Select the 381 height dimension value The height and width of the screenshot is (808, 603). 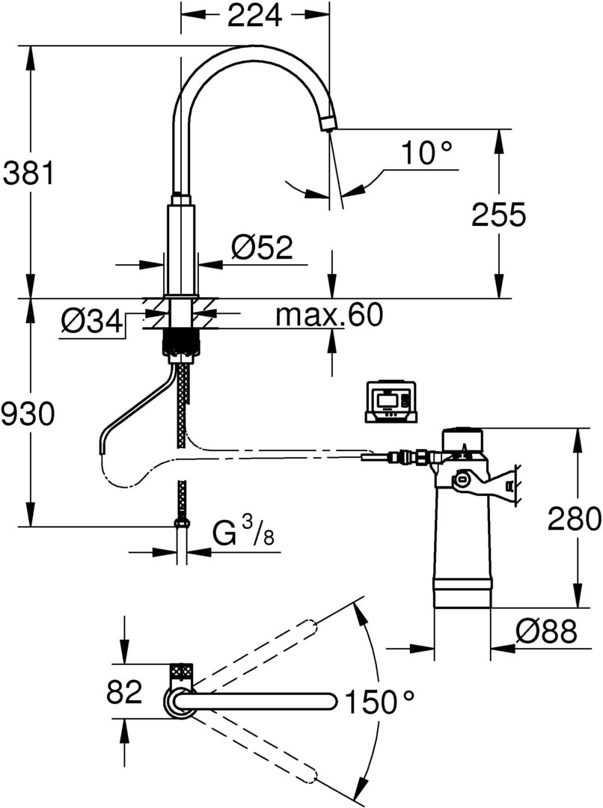pyautogui.click(x=28, y=174)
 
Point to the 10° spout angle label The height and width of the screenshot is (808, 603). pyautogui.click(x=426, y=153)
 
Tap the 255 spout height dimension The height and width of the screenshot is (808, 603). pyautogui.click(x=499, y=215)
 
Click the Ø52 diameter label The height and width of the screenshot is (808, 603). pyautogui.click(x=261, y=248)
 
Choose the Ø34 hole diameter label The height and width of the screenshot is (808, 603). pyautogui.click(x=91, y=322)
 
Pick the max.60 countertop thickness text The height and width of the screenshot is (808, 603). pyautogui.click(x=329, y=316)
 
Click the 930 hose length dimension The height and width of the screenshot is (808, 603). pyautogui.click(x=28, y=414)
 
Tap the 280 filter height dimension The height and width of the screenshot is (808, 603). pyautogui.click(x=574, y=517)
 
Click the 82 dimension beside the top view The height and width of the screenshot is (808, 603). pyautogui.click(x=124, y=693)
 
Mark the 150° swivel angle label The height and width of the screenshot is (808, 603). pyautogui.click(x=379, y=703)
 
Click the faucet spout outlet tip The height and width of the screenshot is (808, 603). pyautogui.click(x=328, y=123)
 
